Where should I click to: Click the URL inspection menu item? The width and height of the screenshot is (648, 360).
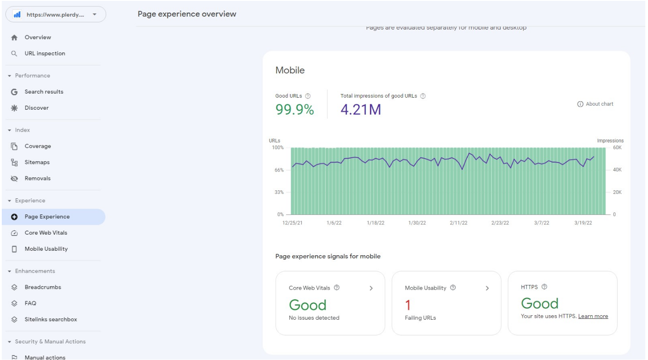tap(44, 53)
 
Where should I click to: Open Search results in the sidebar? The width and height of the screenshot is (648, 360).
tap(43, 92)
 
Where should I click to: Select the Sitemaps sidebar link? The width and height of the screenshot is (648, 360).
tap(37, 162)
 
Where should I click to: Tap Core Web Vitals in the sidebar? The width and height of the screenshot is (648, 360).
tap(46, 233)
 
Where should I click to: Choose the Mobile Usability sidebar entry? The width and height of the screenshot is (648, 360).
tap(46, 249)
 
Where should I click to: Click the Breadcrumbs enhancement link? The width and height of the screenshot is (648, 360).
tap(43, 287)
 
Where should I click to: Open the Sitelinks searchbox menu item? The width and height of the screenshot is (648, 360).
tap(51, 319)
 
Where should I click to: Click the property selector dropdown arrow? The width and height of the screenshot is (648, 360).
tap(94, 14)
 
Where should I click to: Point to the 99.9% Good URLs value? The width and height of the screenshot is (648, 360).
tap(295, 109)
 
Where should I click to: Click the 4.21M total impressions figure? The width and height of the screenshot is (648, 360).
tap(360, 109)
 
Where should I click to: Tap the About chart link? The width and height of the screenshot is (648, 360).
tap(596, 104)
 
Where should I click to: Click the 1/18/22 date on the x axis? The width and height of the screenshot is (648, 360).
tap(375, 223)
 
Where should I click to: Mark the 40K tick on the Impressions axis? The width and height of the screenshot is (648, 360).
tap(617, 170)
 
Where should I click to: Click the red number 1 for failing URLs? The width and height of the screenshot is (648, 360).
tap(408, 305)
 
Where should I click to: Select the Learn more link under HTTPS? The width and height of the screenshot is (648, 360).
tap(593, 316)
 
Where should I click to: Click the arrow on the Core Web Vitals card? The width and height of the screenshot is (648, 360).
tap(371, 288)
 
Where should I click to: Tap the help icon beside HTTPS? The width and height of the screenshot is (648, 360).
tap(544, 287)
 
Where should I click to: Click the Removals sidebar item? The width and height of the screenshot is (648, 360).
tap(37, 178)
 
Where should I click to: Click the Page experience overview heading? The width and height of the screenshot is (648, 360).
tap(187, 14)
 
